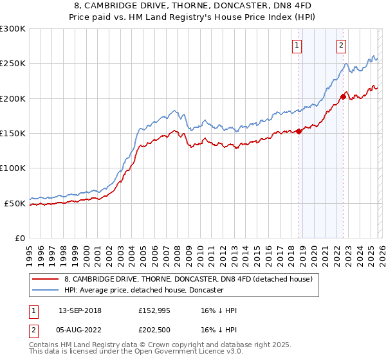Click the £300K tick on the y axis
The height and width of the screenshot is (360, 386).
pos(13,29)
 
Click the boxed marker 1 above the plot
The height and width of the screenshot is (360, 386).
pos(297,45)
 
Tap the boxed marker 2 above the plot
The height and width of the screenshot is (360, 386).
pos(340,45)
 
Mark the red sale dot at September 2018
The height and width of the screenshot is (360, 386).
pos(299,131)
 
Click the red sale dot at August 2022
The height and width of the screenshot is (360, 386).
pos(343,97)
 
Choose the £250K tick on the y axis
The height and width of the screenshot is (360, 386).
pos(13,64)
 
